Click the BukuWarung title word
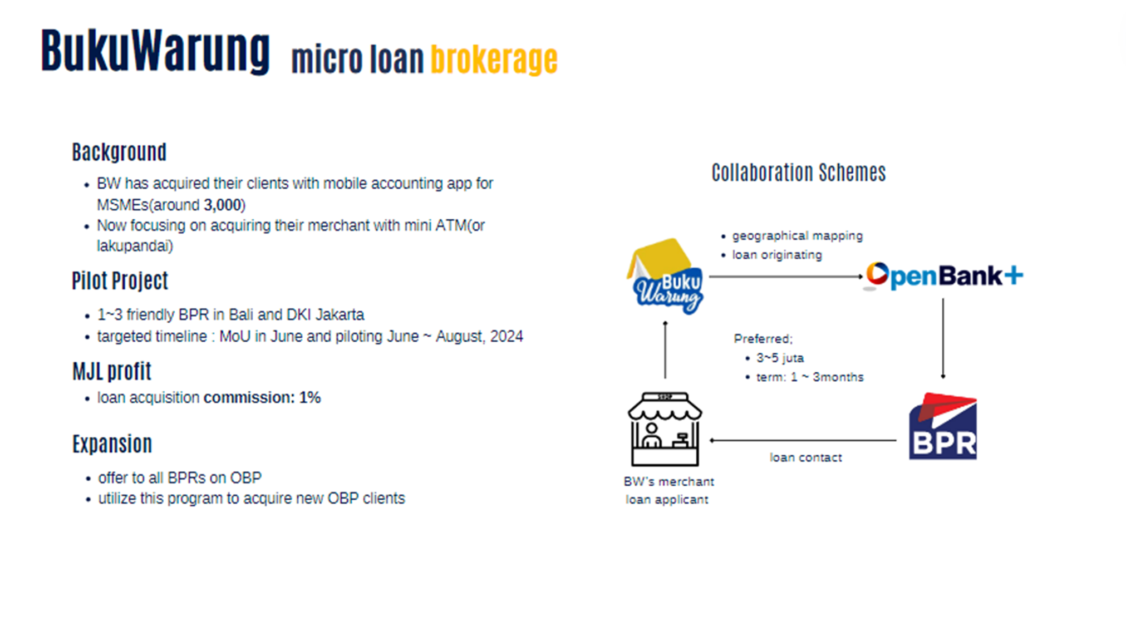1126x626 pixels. point(155,51)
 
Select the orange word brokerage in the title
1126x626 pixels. point(494,60)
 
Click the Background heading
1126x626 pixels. point(119,152)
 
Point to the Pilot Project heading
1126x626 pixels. point(120,281)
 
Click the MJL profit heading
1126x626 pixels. point(112,371)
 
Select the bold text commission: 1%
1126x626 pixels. point(262,397)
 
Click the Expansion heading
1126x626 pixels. point(112,444)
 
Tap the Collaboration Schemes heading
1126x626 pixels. point(799,172)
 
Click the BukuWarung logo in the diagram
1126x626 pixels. point(665,277)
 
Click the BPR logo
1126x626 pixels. point(943,426)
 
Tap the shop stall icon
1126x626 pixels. point(665,429)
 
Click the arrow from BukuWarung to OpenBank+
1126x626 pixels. point(786,277)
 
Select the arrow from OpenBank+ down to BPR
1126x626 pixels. point(943,338)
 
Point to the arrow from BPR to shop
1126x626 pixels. point(803,440)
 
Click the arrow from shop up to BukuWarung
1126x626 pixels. point(665,349)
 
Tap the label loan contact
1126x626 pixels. point(805,457)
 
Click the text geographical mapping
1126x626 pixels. point(797,236)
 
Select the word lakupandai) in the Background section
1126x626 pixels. point(135,246)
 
